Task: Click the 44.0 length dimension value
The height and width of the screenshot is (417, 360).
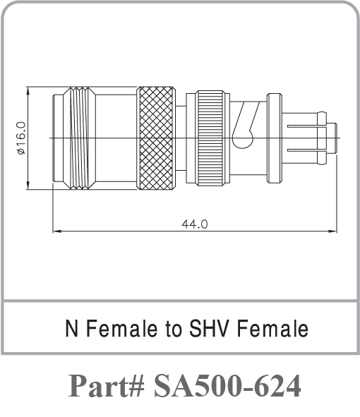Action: tap(194, 224)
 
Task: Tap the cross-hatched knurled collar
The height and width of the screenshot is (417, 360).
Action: tap(156, 138)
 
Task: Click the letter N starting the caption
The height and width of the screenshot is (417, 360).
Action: tap(71, 329)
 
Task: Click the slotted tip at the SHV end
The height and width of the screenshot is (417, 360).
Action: tap(311, 138)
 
